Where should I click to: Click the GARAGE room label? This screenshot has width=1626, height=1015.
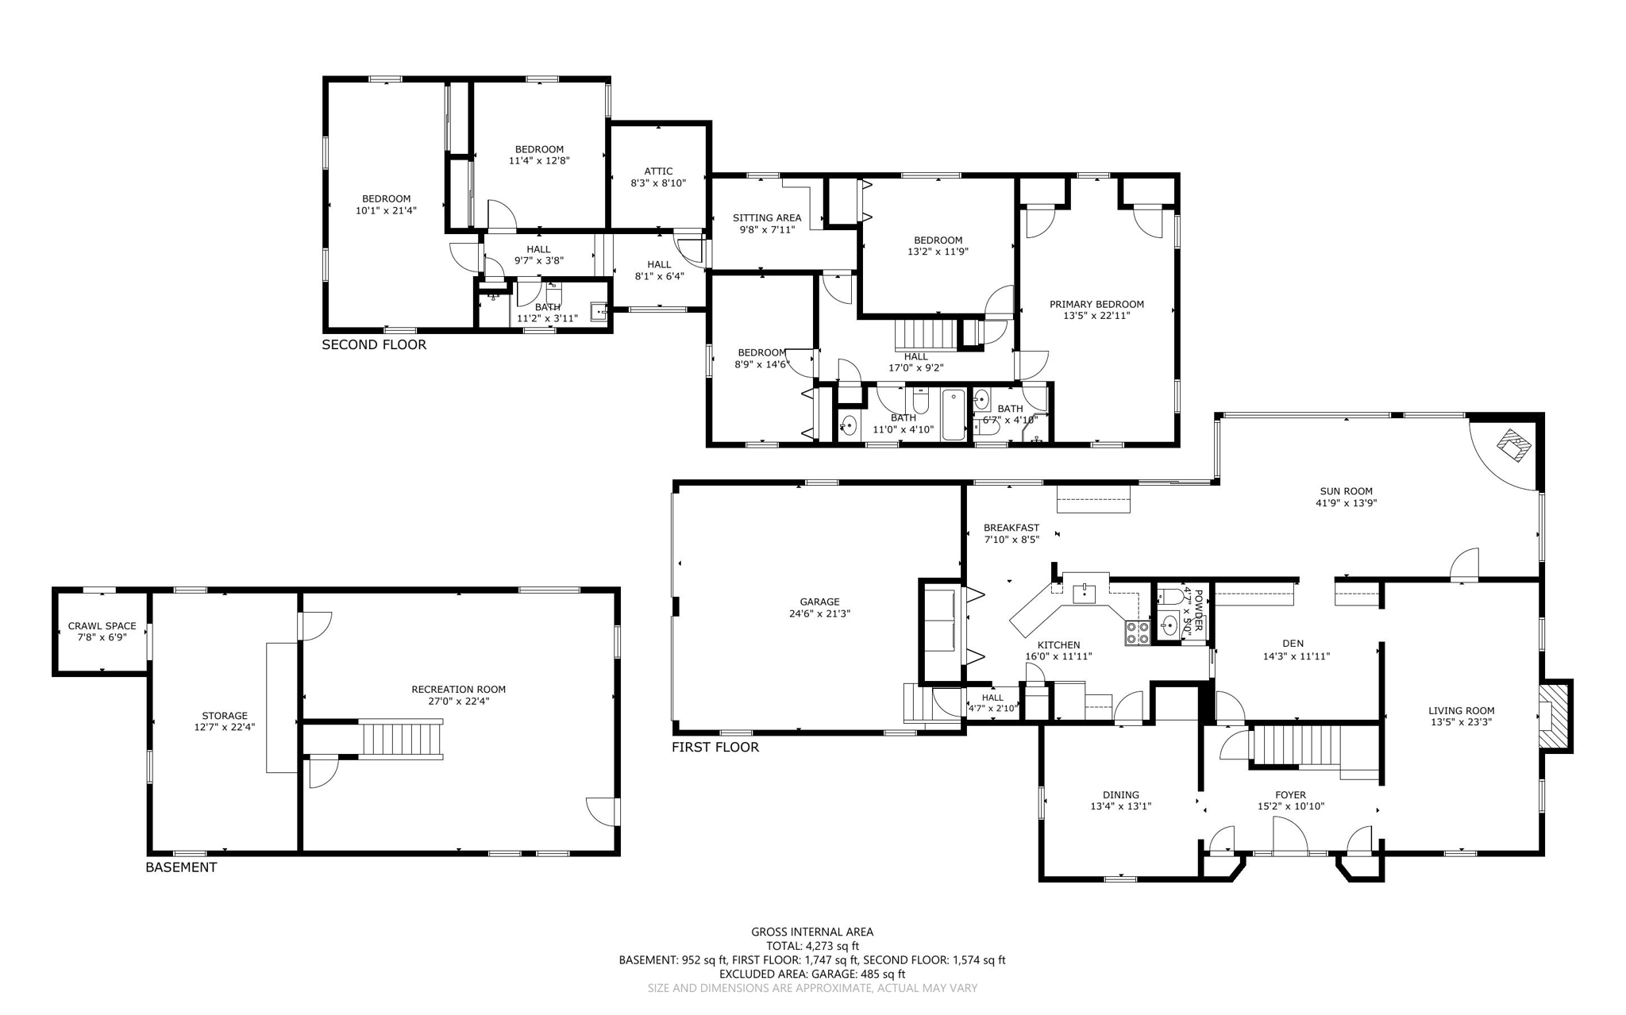(x=819, y=602)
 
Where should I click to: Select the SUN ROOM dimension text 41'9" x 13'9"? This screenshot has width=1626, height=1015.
(x=1346, y=502)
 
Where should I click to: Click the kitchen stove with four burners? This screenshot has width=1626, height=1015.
(x=1137, y=632)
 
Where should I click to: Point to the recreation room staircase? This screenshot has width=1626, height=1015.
(x=403, y=739)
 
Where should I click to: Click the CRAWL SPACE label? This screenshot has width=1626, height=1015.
(x=102, y=625)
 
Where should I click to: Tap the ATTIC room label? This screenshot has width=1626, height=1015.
(x=658, y=171)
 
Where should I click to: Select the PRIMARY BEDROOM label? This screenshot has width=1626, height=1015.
(x=1096, y=304)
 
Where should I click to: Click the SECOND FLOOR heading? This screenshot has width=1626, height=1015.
(x=374, y=344)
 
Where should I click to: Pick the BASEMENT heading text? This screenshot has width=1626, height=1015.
(x=181, y=867)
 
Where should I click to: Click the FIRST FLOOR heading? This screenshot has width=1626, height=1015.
(x=715, y=747)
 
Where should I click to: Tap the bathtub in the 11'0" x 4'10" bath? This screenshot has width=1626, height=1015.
(x=954, y=414)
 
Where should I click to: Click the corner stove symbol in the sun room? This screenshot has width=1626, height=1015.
(x=1515, y=445)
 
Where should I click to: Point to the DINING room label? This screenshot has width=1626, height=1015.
(x=1120, y=794)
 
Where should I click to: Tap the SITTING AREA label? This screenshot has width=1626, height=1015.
(x=766, y=217)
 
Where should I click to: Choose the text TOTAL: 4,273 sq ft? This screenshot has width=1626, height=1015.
(x=812, y=946)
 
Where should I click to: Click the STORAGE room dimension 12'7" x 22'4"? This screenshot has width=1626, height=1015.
(x=225, y=727)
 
